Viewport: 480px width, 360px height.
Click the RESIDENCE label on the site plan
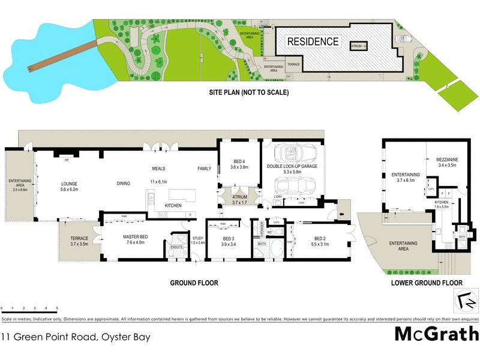click(313, 42)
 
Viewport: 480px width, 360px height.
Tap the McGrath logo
click(436, 334)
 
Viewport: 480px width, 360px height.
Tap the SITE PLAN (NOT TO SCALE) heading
click(248, 92)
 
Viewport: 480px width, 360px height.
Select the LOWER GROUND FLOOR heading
click(426, 282)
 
